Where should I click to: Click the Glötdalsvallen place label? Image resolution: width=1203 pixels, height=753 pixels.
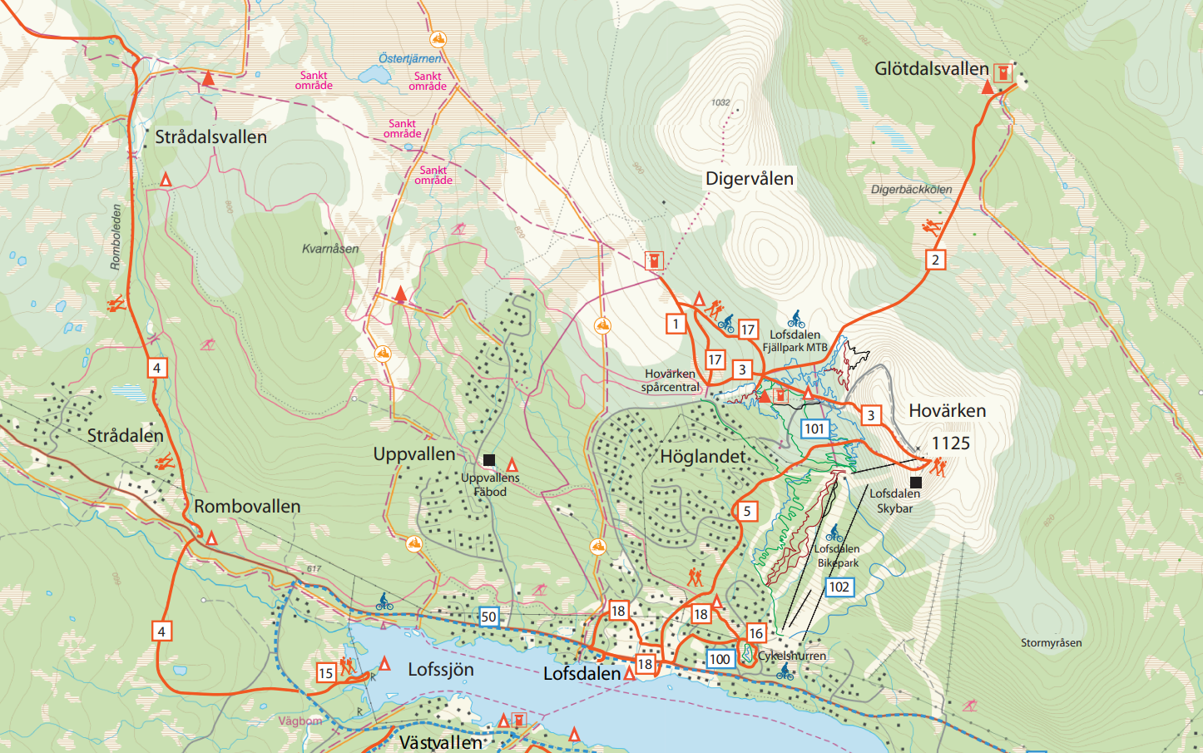[x=931, y=69]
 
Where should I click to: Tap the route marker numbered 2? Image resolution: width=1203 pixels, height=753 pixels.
[x=935, y=260]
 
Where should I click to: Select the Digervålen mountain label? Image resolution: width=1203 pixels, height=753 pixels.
[x=749, y=179]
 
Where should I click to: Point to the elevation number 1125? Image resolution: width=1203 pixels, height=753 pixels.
[x=950, y=443]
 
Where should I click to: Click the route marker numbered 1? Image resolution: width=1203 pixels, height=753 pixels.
[x=676, y=324]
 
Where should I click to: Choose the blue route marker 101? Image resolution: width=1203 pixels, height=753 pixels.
[x=814, y=429]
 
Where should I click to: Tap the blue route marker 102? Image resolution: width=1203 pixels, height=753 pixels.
[x=839, y=587]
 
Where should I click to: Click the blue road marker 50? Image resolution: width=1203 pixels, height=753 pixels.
[x=488, y=617]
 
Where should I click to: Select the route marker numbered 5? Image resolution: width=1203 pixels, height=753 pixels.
[x=746, y=511]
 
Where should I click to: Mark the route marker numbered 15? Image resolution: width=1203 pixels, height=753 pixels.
[x=325, y=673]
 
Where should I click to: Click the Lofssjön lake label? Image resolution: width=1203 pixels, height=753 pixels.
[x=440, y=670]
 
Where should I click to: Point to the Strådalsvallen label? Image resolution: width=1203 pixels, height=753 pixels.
[x=210, y=137]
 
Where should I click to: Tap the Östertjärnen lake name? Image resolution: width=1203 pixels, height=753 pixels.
[x=409, y=58]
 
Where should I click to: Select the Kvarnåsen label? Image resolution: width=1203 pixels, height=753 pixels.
[x=330, y=249]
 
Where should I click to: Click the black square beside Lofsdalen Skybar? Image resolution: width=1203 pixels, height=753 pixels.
[x=916, y=483]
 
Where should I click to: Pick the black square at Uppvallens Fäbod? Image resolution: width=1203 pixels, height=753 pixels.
[x=489, y=460]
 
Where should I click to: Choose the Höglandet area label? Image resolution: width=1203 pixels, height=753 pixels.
[x=702, y=456]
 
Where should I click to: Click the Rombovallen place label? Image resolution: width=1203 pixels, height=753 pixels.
[x=247, y=507]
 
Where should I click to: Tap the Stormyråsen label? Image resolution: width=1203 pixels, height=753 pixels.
[x=1051, y=643]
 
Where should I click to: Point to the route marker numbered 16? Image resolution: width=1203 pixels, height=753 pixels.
[x=755, y=633]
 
